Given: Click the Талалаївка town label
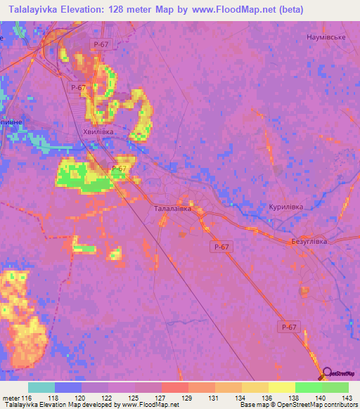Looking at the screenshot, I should pyautogui.click(x=172, y=209).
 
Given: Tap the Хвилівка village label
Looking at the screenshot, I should pyautogui.click(x=98, y=131).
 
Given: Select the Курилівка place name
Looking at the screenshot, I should pyautogui.click(x=285, y=207).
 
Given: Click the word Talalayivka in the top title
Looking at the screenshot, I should pyautogui.click(x=32, y=9).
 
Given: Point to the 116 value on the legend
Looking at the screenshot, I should pyautogui.click(x=27, y=398).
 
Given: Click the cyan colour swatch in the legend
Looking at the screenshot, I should pyautogui.click(x=41, y=387).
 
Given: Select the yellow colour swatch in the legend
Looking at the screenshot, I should pyautogui.click(x=281, y=387).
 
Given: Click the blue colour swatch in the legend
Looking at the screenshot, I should pyautogui.click(x=68, y=387).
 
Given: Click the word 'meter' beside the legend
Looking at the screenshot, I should pyautogui.click(x=10, y=398).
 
